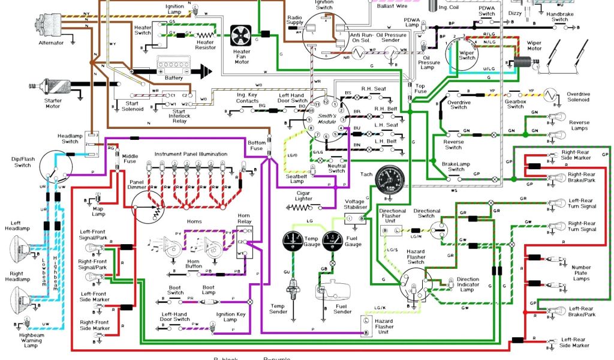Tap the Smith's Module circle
pos(326,118)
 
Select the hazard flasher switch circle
pos(416,284)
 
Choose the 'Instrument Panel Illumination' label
pos(191,154)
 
